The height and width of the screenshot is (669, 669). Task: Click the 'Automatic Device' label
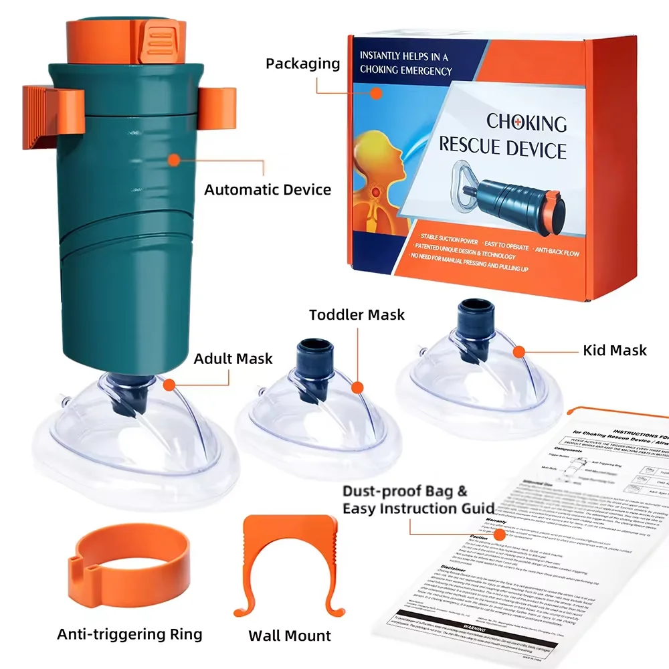[268, 189]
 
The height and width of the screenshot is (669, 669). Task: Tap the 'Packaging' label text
[302, 64]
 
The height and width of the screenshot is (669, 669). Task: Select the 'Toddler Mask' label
[357, 314]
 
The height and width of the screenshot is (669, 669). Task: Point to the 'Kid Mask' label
[614, 350]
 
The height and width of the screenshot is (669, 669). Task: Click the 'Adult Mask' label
[233, 359]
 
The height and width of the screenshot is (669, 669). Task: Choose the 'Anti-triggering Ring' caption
[129, 633]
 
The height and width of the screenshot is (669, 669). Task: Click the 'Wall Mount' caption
[290, 635]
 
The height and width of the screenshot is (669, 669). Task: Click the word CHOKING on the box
[527, 122]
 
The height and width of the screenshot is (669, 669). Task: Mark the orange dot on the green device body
[174, 160]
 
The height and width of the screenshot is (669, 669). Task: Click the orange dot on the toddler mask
[357, 387]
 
